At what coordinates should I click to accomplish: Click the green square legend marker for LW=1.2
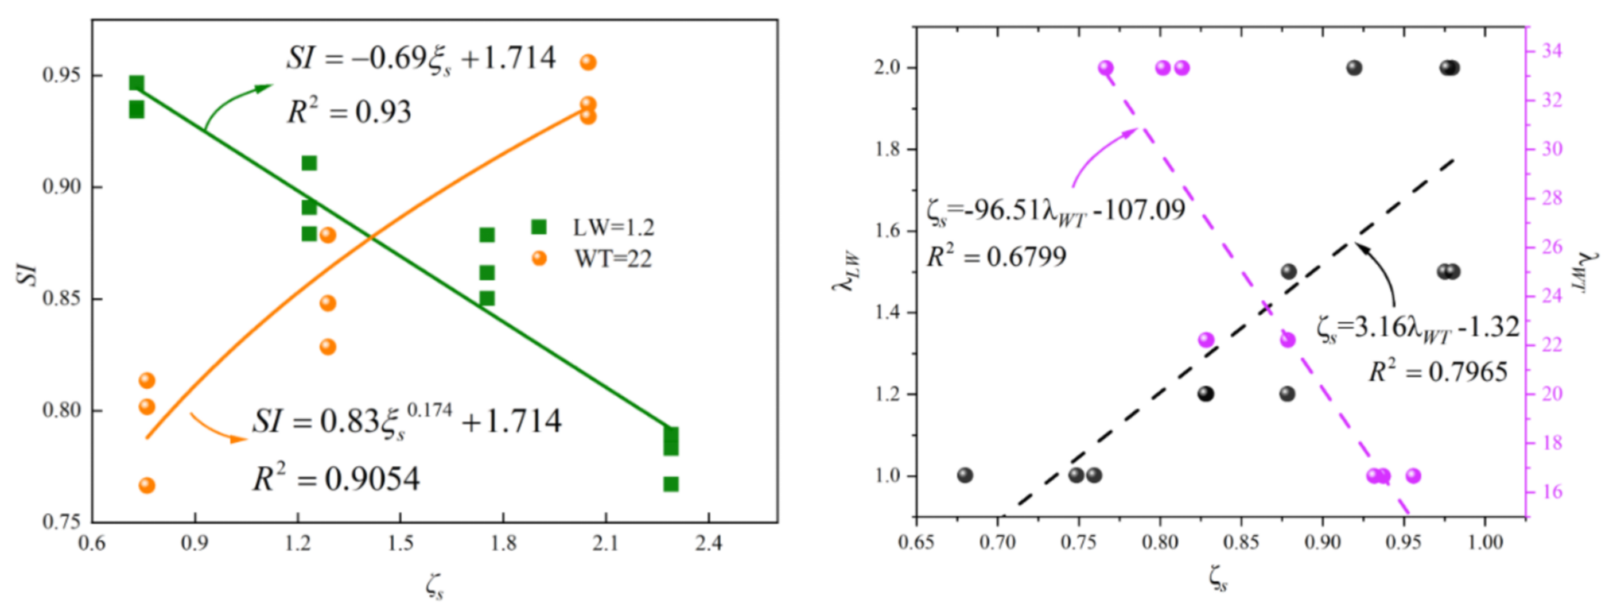click(x=539, y=227)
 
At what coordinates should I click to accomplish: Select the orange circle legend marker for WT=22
click(x=539, y=258)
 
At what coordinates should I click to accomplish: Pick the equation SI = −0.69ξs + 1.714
click(x=421, y=59)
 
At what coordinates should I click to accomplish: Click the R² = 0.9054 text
click(x=336, y=480)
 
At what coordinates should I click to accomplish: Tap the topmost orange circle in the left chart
click(x=588, y=62)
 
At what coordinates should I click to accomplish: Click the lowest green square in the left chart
click(x=671, y=484)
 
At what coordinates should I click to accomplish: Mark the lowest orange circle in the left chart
click(x=147, y=486)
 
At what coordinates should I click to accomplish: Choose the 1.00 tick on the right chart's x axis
click(x=1485, y=542)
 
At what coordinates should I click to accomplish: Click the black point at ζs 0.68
click(x=965, y=475)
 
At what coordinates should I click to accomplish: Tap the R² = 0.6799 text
click(x=996, y=256)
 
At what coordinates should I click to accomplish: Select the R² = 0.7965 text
click(x=1437, y=372)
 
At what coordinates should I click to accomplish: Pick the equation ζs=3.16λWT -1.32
click(x=1417, y=328)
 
